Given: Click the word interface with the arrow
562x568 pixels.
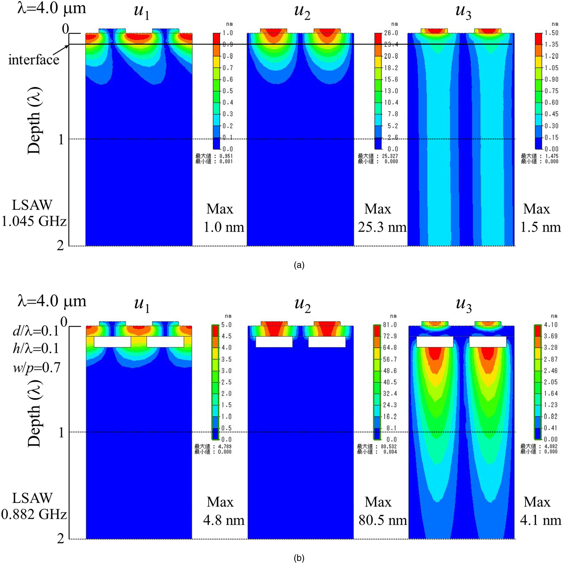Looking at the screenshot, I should (x=34, y=60).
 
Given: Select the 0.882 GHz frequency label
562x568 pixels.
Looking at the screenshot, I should (x=34, y=514).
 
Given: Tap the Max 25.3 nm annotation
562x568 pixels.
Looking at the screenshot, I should (x=381, y=218).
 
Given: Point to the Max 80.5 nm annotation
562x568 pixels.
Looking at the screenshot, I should (x=382, y=511).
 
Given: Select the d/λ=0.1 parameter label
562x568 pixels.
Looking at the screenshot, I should (x=36, y=331).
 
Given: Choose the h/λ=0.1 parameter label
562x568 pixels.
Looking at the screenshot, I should (x=36, y=349).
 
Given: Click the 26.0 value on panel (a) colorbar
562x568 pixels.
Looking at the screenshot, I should (x=391, y=33).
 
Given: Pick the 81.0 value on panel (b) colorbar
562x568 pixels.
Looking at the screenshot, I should (x=390, y=325).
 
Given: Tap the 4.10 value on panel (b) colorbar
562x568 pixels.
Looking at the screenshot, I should (x=551, y=325).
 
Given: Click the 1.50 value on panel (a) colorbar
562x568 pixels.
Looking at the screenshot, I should (x=551, y=33).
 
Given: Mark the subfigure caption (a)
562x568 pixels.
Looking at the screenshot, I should (x=299, y=265).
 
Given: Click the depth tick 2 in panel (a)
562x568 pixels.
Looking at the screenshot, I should (x=60, y=245).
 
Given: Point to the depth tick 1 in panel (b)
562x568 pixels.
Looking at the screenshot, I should (x=61, y=432).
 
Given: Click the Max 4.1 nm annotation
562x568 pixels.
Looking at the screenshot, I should (x=540, y=511).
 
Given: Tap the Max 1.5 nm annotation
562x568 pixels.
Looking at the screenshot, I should (x=540, y=218).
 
